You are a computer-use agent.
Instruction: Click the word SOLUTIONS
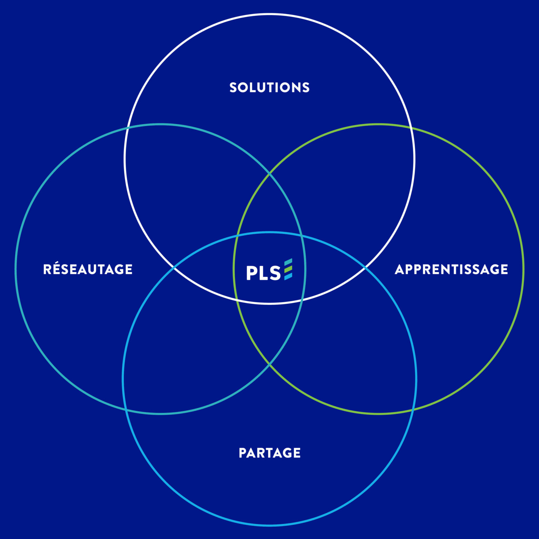(269, 87)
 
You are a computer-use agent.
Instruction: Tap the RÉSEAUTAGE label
(88, 269)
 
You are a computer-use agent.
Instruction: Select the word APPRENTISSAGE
(451, 269)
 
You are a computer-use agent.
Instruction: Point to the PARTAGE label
(269, 453)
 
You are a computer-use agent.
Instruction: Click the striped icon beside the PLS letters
(288, 269)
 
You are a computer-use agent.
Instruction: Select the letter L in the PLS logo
(262, 273)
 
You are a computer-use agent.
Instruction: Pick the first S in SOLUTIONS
(233, 87)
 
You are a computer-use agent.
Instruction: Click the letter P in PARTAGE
(242, 453)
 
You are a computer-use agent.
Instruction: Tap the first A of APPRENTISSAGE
(400, 269)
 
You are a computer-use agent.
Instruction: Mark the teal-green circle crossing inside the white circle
(269, 173)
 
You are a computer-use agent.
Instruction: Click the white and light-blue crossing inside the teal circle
(174, 268)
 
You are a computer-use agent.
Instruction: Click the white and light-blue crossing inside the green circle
(365, 268)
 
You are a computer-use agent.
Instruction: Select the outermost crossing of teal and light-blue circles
(126, 410)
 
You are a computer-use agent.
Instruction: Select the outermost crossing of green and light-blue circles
(413, 410)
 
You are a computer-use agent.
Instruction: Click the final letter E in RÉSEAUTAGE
(128, 269)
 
